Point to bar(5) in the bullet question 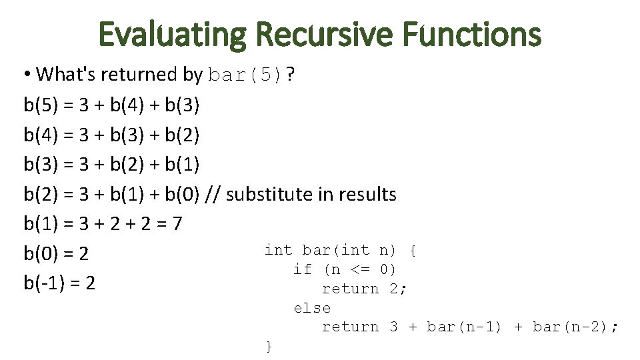(245, 75)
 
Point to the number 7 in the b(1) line (176, 224)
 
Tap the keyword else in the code (312, 308)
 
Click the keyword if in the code (302, 269)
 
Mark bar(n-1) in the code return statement (464, 327)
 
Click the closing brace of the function (269, 346)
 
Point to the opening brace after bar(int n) (413, 251)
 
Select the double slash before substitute (214, 195)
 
